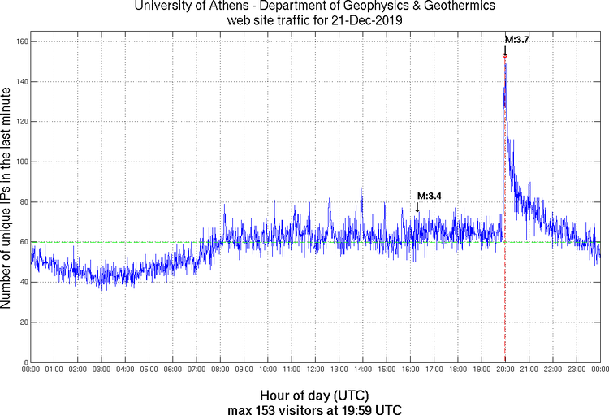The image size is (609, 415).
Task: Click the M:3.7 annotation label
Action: coord(517,39)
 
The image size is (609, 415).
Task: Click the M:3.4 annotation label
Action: coord(429,196)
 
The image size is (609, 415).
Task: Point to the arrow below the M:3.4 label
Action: coord(417,207)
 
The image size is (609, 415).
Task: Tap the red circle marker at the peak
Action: coord(504,55)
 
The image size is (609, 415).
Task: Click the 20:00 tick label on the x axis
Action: coord(505,370)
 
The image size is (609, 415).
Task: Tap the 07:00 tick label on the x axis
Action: coord(197,370)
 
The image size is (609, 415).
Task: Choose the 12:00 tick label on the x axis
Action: coord(315,370)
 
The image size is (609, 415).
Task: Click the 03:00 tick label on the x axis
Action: coord(101,370)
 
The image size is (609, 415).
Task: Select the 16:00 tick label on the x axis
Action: coord(410,370)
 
